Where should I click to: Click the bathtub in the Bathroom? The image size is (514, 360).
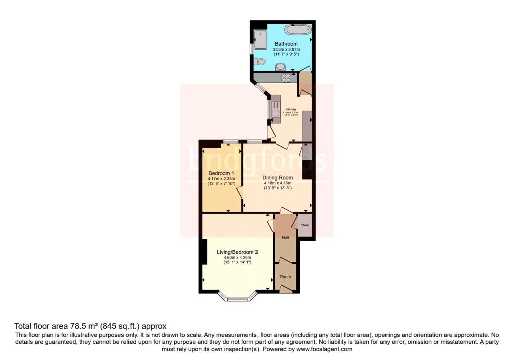point(298,29)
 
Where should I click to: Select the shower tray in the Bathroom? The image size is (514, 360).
point(261,39)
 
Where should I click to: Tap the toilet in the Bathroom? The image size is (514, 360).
point(259,62)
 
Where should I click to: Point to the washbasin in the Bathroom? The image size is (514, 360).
point(280,66)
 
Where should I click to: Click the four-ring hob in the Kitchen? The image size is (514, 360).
point(287,77)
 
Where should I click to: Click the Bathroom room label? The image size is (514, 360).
point(286,44)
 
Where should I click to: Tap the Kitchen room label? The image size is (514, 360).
point(291,109)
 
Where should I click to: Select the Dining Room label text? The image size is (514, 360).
point(277,177)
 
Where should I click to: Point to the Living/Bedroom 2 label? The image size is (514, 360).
point(237,252)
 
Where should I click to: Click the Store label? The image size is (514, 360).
point(305,226)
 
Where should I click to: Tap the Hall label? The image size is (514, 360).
point(285,238)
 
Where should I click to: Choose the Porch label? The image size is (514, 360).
point(285,277)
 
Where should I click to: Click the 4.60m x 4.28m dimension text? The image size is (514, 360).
point(237,258)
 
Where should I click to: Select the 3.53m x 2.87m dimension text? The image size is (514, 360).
point(286,50)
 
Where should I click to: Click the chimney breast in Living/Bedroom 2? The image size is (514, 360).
point(203,252)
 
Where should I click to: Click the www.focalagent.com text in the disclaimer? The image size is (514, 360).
point(324,349)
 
